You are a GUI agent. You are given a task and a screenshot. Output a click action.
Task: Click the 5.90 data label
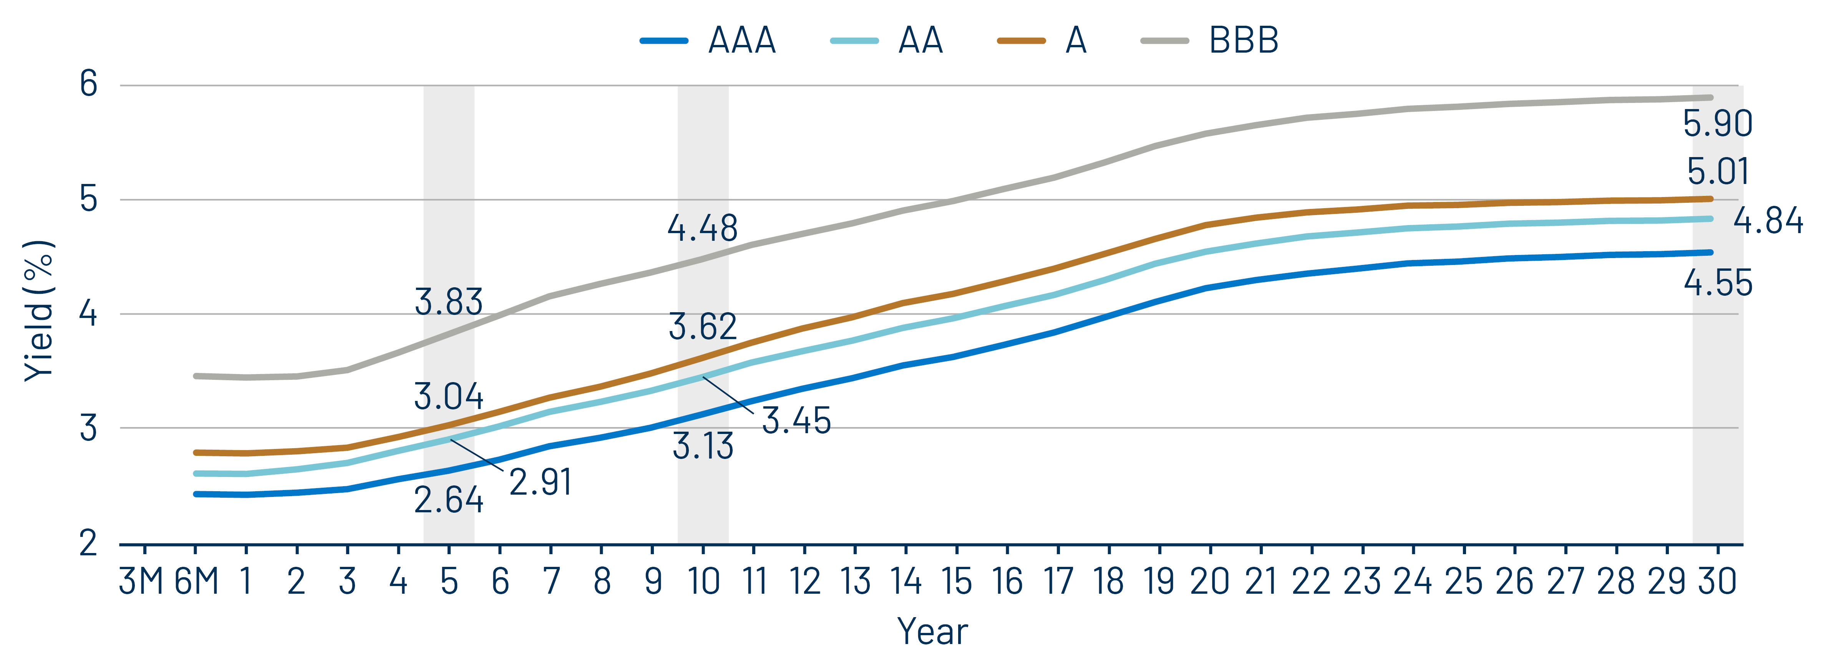[x=1717, y=124]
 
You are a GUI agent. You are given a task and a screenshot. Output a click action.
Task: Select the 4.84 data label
[x=1768, y=221]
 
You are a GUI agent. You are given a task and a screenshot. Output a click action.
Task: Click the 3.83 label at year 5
[x=449, y=302]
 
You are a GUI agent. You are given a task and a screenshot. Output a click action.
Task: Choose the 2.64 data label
[x=449, y=500]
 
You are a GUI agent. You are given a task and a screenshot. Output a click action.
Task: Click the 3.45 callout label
[x=796, y=421]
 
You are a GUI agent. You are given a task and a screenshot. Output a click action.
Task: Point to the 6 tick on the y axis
[x=89, y=84]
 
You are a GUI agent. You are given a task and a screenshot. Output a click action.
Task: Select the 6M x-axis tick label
[x=196, y=582]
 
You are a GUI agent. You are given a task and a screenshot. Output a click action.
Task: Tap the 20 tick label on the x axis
[x=1209, y=582]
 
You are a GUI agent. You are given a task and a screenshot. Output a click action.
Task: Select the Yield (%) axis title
[x=39, y=311]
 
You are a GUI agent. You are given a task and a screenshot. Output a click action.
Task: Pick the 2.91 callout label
[x=540, y=482]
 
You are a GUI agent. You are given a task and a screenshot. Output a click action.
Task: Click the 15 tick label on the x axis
[x=956, y=582]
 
